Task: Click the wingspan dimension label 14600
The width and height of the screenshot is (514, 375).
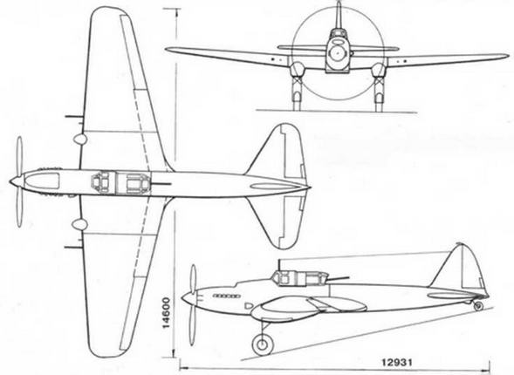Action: pos(168,313)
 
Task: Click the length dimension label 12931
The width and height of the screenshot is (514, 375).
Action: pos(397,363)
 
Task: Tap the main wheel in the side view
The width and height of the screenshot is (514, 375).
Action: pos(263,344)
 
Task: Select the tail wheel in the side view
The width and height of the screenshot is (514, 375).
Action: pos(478,306)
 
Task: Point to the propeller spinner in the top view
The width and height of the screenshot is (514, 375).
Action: pos(16,181)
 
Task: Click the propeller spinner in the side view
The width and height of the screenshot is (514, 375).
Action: pos(188,297)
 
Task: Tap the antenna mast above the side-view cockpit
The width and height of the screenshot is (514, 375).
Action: pos(279,265)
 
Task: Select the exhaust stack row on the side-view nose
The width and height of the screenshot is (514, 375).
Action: pos(226,296)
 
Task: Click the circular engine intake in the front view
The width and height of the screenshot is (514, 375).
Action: pos(337,53)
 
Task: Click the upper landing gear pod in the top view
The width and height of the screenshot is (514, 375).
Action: pos(79,139)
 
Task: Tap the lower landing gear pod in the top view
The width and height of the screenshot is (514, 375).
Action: pos(79,224)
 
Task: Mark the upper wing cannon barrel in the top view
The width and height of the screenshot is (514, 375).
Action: pos(73,117)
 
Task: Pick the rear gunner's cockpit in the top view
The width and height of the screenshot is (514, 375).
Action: pos(138,183)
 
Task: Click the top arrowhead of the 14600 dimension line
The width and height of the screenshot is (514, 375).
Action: pos(176,12)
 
